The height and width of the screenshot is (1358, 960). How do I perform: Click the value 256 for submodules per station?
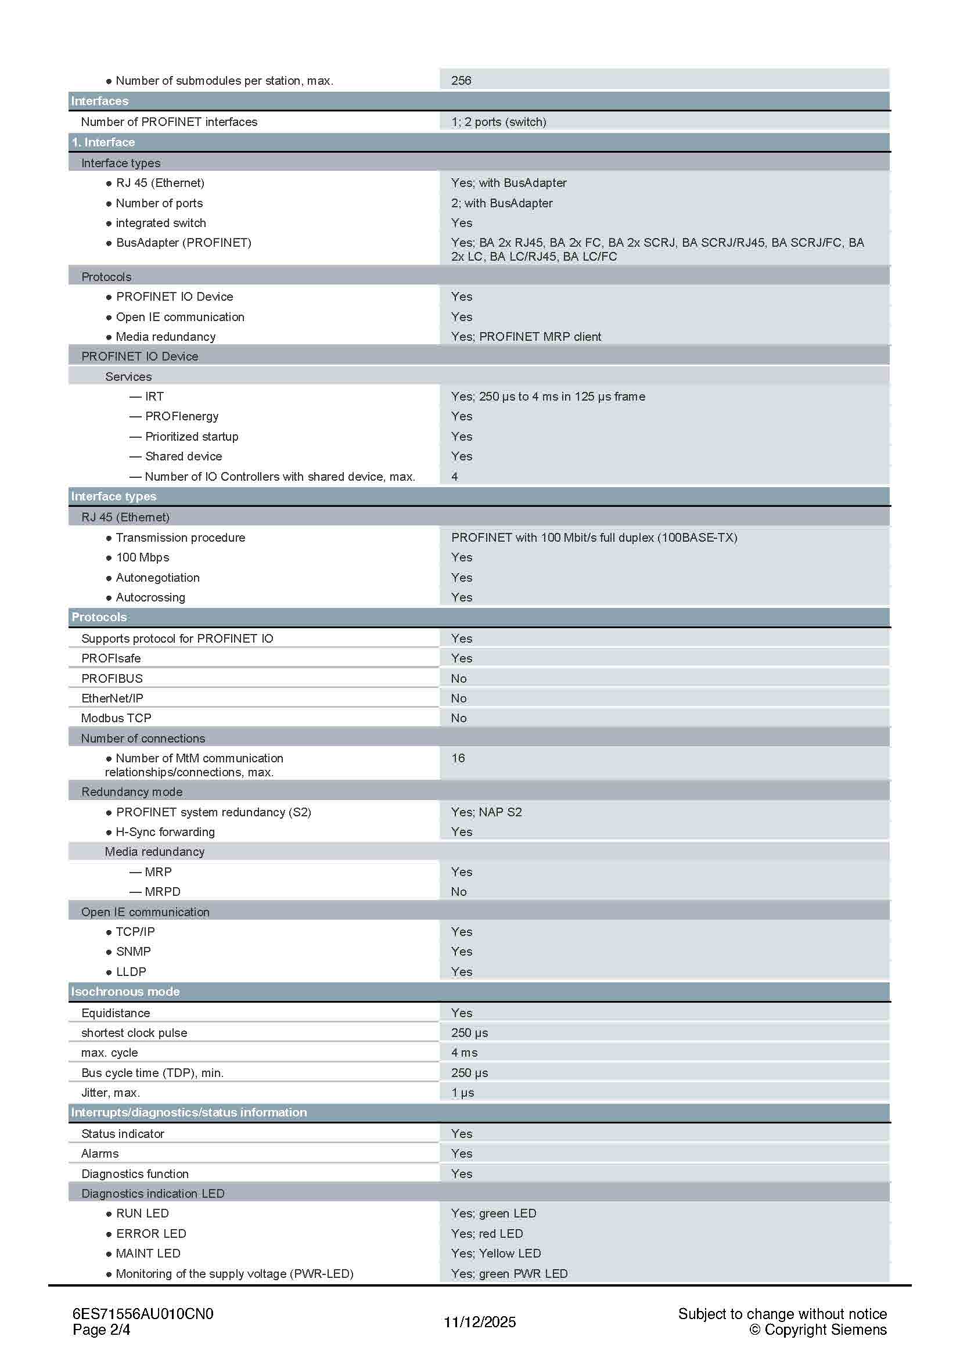(461, 81)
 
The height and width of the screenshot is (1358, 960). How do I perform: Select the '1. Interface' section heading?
(103, 143)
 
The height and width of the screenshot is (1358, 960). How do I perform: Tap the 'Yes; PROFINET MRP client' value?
(526, 337)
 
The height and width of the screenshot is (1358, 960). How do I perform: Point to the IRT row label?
(154, 397)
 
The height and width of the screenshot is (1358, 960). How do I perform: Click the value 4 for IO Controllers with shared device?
(454, 476)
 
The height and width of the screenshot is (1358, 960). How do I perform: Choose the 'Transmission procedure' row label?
(180, 538)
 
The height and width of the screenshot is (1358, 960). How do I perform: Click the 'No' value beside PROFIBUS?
(458, 678)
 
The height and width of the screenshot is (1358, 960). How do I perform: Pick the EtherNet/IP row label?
(112, 698)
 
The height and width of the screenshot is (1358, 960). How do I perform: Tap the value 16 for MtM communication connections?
(458, 758)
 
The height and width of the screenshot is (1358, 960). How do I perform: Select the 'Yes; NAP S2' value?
(486, 812)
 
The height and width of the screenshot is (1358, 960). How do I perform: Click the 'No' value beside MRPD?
(458, 891)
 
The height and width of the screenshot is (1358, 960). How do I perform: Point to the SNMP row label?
(133, 951)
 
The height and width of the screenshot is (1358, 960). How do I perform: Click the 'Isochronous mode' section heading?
(125, 992)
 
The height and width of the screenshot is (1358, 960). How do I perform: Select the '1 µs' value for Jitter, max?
(462, 1093)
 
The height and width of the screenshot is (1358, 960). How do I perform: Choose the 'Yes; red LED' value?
(487, 1233)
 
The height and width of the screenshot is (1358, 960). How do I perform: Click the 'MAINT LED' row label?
(148, 1253)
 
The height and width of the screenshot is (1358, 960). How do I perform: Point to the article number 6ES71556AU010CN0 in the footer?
(142, 1314)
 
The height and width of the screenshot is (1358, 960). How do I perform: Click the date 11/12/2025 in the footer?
(480, 1322)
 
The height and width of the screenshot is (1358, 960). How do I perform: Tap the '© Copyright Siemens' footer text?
(818, 1330)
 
